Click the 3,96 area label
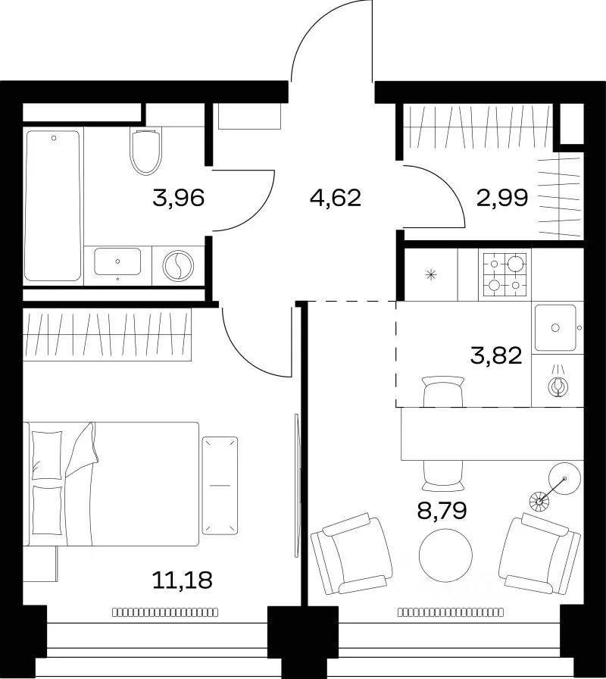coord(178,199)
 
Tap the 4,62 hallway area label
coord(336,199)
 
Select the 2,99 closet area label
coord(502,199)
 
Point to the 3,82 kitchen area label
coord(495,356)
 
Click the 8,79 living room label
coord(442,510)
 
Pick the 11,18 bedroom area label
coord(183,580)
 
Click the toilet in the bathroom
coord(146,152)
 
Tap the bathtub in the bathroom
coord(53,205)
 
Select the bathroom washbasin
coord(117,261)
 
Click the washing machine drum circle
coord(178,266)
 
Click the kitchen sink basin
coord(555,328)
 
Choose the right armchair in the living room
coord(539,554)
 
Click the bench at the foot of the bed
coord(220,486)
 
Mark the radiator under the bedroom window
coord(165,612)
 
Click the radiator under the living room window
coord(451,612)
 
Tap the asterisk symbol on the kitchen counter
coord(431,274)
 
